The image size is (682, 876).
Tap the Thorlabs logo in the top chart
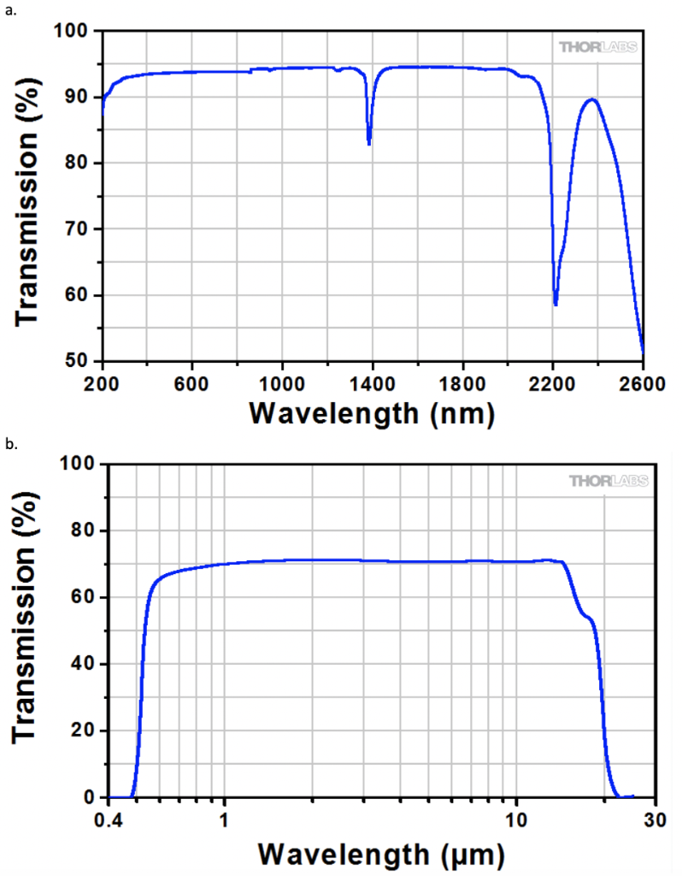click(597, 46)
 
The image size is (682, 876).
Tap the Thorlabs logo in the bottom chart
click(608, 481)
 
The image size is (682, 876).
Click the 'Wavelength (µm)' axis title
click(382, 852)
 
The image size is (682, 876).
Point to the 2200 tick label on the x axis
click(553, 382)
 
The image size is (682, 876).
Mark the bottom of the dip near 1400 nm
click(369, 144)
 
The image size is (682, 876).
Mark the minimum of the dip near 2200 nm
click(556, 305)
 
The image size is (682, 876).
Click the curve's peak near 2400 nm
click(591, 99)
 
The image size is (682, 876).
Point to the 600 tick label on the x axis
click(191, 382)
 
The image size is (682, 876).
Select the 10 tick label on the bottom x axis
click(515, 819)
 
